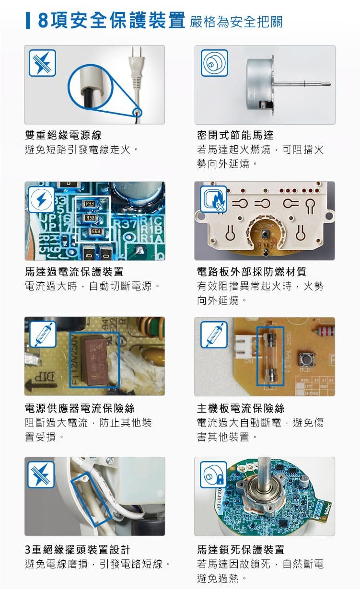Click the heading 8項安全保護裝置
tap(111, 21)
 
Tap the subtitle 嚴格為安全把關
tap(236, 22)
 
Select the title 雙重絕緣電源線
tap(63, 136)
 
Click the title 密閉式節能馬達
tap(235, 136)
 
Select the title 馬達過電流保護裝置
tap(74, 272)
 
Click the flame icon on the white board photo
tap(213, 198)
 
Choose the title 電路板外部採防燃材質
tap(252, 272)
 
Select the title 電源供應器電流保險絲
tap(80, 408)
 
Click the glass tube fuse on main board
tap(270, 357)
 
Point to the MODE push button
tap(304, 358)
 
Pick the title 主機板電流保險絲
tap(241, 408)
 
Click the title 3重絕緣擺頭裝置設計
tap(77, 549)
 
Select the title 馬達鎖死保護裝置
tap(241, 549)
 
